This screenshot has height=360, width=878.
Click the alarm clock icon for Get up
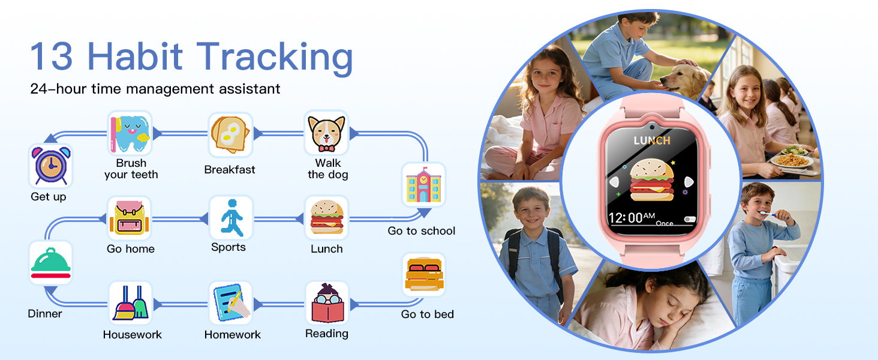pyautogui.click(x=50, y=166)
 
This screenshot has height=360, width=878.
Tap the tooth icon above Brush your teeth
pyautogui.click(x=131, y=133)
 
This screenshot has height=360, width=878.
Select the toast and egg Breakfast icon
pyautogui.click(x=230, y=134)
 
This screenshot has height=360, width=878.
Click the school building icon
pyautogui.click(x=423, y=185)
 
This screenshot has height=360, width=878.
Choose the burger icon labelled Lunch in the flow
pyautogui.click(x=326, y=217)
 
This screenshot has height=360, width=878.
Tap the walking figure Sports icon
pyautogui.click(x=230, y=217)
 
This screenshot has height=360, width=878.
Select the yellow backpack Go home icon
pyautogui.click(x=130, y=218)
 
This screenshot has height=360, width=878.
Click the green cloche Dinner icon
pyautogui.click(x=50, y=263)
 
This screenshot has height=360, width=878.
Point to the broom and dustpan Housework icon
pyautogui.click(x=131, y=303)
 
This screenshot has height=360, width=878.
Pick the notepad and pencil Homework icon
pyautogui.click(x=231, y=303)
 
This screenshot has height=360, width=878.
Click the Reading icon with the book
pyautogui.click(x=327, y=304)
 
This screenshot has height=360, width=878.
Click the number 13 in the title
pyautogui.click(x=52, y=56)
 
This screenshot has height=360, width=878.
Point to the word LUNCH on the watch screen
pyautogui.click(x=652, y=140)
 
